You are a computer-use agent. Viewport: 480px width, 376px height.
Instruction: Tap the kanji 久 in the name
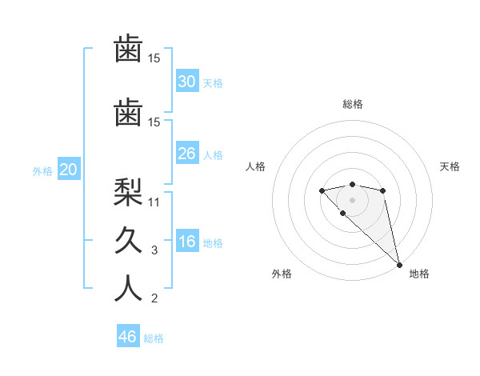click(128, 239)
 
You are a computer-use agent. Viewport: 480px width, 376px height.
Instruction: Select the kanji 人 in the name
click(128, 287)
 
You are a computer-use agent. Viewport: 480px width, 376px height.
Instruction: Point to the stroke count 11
click(155, 202)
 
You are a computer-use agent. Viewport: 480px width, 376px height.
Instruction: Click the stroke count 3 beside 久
click(154, 250)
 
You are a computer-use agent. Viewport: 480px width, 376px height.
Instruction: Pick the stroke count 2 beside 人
click(154, 298)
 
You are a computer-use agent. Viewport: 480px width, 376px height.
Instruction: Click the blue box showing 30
click(186, 82)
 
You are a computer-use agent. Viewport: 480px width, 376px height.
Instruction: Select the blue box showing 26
click(186, 154)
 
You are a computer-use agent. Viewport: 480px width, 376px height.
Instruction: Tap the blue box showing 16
click(186, 242)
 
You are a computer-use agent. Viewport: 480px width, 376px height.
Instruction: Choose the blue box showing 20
click(69, 170)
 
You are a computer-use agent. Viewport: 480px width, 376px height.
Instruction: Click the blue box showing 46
click(128, 337)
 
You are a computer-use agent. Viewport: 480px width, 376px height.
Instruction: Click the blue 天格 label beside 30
click(213, 82)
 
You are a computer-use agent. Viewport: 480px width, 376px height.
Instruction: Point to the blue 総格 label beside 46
click(154, 338)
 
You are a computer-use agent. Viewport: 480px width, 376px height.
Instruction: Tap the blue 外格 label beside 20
click(42, 170)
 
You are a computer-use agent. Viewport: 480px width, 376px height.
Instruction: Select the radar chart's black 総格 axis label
click(352, 104)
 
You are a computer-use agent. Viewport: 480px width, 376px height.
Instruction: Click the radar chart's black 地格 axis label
click(419, 274)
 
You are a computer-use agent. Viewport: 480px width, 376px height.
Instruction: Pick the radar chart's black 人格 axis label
click(256, 166)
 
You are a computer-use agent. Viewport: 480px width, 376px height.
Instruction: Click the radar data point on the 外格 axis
click(342, 214)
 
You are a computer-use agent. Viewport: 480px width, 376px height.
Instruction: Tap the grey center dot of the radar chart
click(352, 200)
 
